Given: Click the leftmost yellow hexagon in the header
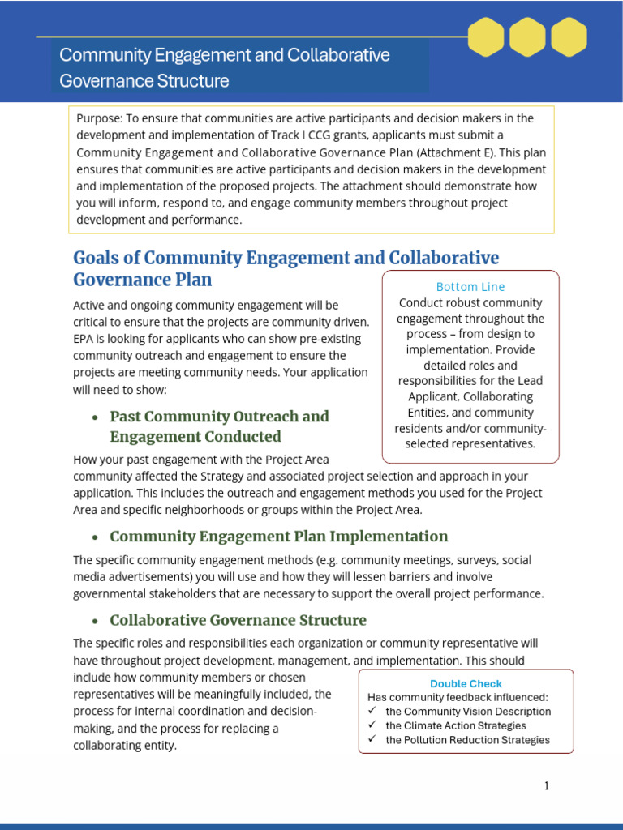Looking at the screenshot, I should pos(487,36).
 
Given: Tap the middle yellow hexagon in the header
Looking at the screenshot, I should pos(527,36).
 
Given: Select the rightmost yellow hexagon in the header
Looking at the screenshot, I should pos(569,36).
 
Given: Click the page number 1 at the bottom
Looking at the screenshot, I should pos(547,785).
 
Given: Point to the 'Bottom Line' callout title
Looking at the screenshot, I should pos(470,287).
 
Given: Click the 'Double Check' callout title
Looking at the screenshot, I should pos(466,683).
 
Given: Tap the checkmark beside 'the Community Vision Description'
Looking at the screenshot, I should pos(372,712).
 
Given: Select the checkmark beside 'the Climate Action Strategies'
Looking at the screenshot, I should pos(372,725).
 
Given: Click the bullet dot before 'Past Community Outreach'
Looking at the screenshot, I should pos(96,417).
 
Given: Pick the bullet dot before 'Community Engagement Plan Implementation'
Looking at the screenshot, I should pos(96,537).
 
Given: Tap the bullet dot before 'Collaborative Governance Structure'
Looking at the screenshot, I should pos(96,622).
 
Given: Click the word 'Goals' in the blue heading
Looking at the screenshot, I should pos(97,258).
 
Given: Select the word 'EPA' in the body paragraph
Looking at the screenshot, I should pos(84,339).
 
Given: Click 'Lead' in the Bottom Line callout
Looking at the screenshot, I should pos(528,381).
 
